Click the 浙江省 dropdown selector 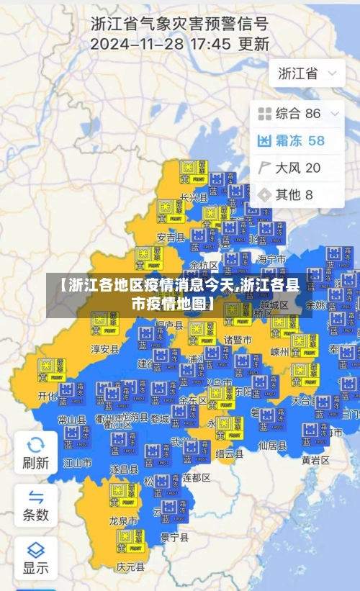(x=307, y=73)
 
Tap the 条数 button (x=35, y=504)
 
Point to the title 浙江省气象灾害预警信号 (x=180, y=23)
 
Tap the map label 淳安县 (x=104, y=349)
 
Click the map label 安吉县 (x=171, y=237)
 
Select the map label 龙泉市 (x=123, y=520)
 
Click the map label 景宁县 (x=174, y=537)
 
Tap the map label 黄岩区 (x=315, y=460)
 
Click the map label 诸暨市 (x=238, y=339)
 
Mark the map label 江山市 (x=78, y=462)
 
